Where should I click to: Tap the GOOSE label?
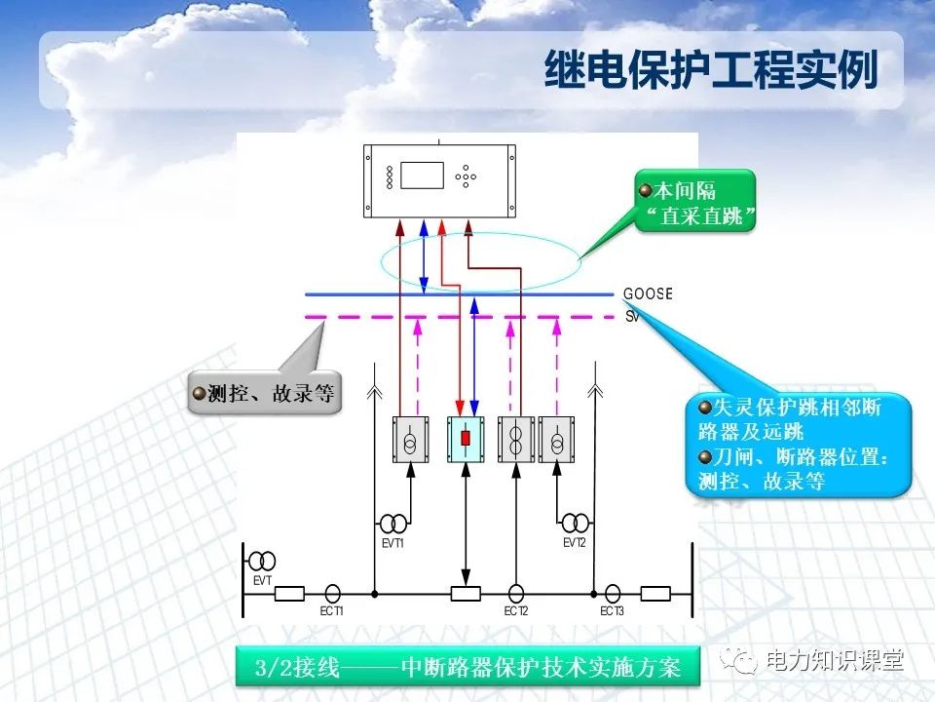tap(648, 293)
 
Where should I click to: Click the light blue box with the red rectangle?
tap(466, 439)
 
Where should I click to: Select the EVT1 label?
tap(392, 542)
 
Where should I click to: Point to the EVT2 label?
tap(575, 542)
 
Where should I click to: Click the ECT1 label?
tap(332, 611)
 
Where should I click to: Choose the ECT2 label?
tap(516, 611)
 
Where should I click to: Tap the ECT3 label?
tap(612, 611)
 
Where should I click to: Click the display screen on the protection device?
tap(422, 175)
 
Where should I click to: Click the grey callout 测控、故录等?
tap(265, 393)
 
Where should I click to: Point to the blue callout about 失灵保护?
tap(801, 444)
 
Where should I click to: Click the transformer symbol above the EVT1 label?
tap(393, 523)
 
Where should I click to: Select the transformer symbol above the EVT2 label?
tap(575, 523)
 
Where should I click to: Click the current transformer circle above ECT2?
tap(516, 592)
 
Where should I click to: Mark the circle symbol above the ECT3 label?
tap(612, 592)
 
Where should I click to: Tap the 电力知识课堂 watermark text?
tap(836, 660)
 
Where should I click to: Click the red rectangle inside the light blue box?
tap(466, 439)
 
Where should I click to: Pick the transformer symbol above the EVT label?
tap(262, 561)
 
